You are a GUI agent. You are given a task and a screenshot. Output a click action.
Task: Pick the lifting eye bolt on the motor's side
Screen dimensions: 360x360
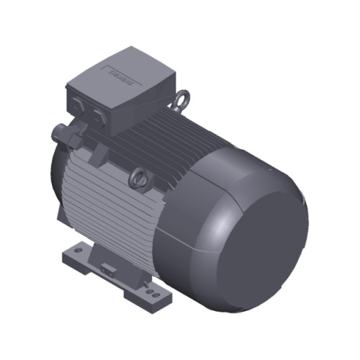click(x=137, y=175)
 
